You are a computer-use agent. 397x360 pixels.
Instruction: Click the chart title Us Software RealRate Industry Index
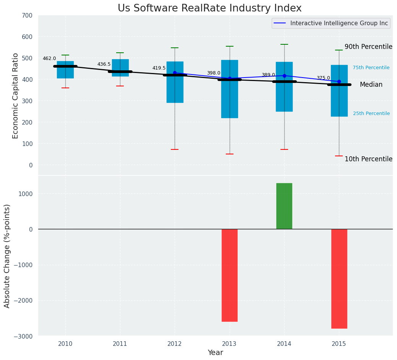click(209, 8)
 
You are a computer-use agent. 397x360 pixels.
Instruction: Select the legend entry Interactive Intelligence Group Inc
click(339, 23)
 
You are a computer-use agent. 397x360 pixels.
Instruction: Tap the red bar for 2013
click(230, 275)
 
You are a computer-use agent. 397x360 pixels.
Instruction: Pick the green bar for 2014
click(284, 206)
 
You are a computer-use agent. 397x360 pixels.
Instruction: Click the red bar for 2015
click(339, 279)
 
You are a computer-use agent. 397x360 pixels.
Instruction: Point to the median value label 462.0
click(49, 58)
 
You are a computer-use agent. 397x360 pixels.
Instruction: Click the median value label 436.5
click(104, 64)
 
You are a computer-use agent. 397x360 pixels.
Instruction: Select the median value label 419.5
click(159, 68)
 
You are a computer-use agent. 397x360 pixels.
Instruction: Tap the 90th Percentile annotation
click(368, 47)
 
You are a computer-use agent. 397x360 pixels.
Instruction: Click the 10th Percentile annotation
click(368, 159)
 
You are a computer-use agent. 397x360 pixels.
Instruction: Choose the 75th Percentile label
click(371, 68)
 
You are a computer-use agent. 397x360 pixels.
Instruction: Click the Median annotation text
click(371, 85)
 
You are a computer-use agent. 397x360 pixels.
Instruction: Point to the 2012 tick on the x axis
click(175, 344)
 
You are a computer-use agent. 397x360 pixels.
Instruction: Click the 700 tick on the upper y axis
click(29, 15)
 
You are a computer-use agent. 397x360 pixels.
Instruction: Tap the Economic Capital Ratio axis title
click(16, 96)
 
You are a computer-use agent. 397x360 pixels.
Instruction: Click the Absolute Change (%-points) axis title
click(7, 256)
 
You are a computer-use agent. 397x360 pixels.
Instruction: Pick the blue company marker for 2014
click(284, 76)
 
